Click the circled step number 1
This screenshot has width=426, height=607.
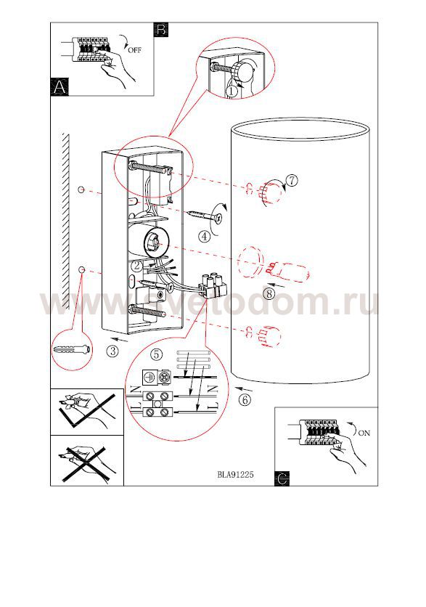tap(231, 91)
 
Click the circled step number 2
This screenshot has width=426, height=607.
tap(136, 266)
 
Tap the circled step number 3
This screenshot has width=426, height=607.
tap(112, 351)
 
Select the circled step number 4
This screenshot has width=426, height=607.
tap(204, 236)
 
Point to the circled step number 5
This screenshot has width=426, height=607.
tap(156, 354)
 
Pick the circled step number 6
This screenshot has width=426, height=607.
tap(245, 399)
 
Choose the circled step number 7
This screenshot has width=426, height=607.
tap(292, 180)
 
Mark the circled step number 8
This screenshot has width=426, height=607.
tap(269, 293)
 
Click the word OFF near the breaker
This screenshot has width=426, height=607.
tap(135, 50)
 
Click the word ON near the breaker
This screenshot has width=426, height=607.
tap(364, 433)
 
